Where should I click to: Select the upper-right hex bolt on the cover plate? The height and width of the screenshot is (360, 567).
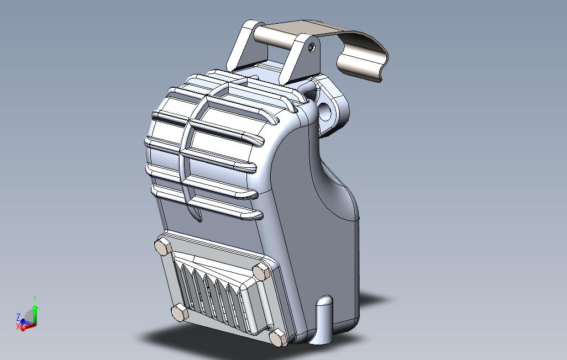tap(261, 272)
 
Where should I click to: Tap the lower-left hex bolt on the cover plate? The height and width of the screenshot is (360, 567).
tap(180, 313)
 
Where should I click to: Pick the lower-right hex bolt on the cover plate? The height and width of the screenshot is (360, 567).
tap(279, 337)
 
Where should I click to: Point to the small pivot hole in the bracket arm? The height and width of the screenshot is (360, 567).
tap(312, 47)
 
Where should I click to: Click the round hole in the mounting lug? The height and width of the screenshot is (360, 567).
tap(326, 112)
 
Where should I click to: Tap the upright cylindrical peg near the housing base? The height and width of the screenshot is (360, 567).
tap(324, 320)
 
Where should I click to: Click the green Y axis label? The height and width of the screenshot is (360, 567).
tap(35, 299)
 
